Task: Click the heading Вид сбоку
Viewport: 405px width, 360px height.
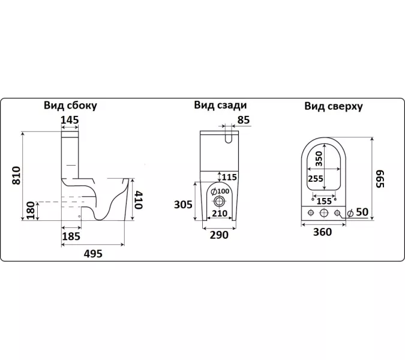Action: (70, 106)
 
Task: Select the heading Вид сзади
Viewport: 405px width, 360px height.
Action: (220, 105)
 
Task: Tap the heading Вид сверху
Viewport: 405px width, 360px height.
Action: (333, 106)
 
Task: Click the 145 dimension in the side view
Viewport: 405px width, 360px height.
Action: (70, 120)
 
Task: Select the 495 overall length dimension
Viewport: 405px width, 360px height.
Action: (93, 253)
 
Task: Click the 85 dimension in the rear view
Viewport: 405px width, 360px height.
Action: (243, 120)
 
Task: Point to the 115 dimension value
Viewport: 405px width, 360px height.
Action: (229, 177)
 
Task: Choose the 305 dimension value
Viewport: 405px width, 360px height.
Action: (184, 205)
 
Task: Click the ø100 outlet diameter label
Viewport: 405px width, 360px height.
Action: (221, 191)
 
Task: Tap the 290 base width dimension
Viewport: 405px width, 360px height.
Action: (219, 235)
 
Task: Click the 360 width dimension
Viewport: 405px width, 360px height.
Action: (322, 233)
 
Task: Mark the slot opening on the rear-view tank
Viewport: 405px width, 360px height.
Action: (230, 139)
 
